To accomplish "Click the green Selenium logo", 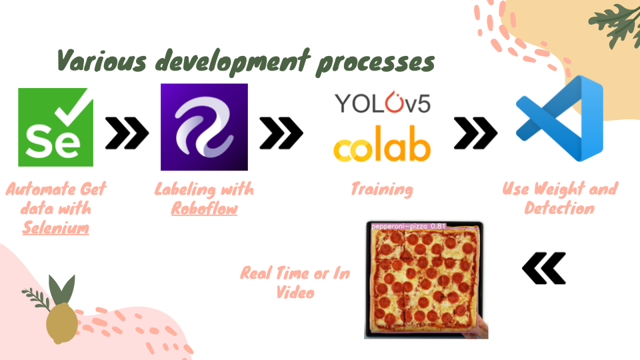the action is pos(55,127).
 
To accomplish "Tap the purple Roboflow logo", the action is pos(204,127).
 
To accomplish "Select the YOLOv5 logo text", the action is pos(383,103).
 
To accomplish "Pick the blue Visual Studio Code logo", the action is pos(559,119).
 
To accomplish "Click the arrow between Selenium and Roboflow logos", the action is pos(127,133).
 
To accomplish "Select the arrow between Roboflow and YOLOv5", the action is pos(281,133).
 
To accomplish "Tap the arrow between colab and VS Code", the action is pos(475,133).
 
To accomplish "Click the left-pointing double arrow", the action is pos(544,268).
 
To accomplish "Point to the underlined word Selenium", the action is pos(55,228).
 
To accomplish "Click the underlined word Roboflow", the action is pos(204,209).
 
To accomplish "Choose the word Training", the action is pos(382,189).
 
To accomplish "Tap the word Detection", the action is pos(559,208).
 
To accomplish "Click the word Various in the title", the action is pos(101,61).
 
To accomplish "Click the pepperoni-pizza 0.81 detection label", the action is pos(409,226).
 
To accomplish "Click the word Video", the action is pos(295,292).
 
